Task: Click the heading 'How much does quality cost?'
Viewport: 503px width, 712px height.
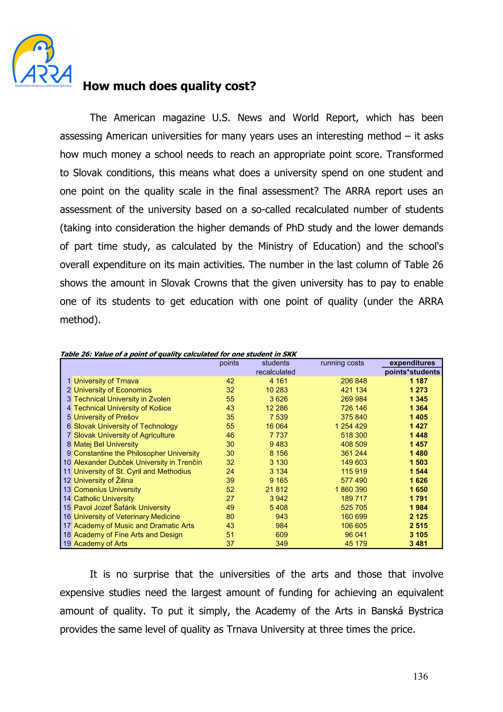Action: point(169,86)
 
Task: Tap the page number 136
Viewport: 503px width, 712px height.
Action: point(420,676)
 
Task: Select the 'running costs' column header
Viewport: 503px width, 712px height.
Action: point(342,363)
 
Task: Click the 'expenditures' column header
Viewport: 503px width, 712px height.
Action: point(412,363)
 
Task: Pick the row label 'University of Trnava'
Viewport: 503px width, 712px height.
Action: point(106,381)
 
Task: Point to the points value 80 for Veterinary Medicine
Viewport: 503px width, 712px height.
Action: point(230,516)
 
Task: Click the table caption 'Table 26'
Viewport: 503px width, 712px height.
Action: point(76,354)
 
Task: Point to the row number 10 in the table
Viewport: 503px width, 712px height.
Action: point(67,462)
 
